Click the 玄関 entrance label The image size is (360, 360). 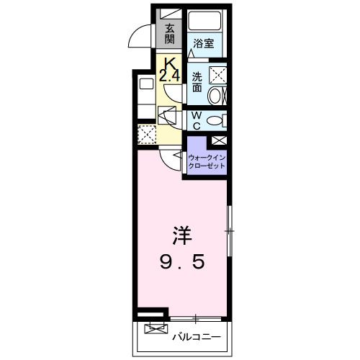tap(170, 34)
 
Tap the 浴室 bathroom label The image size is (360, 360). tap(204, 43)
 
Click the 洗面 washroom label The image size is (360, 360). tap(197, 81)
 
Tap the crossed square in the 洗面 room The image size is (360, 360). tap(217, 74)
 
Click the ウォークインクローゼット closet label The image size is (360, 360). tap(207, 161)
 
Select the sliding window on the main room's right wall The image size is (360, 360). tap(230, 230)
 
